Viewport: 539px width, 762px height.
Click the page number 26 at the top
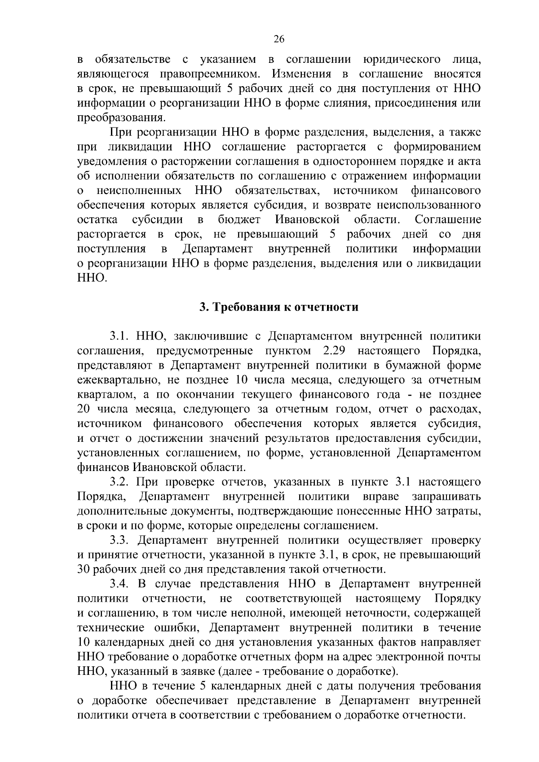[x=278, y=39]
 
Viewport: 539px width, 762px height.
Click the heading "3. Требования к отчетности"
[x=279, y=307]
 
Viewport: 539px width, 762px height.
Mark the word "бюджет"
[x=239, y=220]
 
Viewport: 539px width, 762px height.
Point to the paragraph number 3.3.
[x=120, y=541]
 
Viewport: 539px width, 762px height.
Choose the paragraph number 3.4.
[x=120, y=584]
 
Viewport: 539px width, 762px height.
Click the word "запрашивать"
[x=446, y=497]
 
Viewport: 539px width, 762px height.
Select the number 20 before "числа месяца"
[x=84, y=409]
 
